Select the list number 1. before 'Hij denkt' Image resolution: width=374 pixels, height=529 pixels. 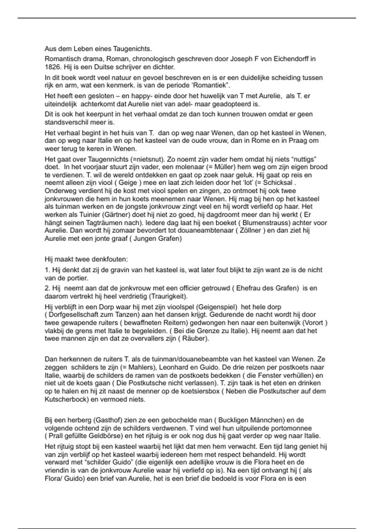pyautogui.click(x=47, y=270)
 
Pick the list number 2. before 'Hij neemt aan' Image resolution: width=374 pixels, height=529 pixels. pyautogui.click(x=47, y=288)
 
